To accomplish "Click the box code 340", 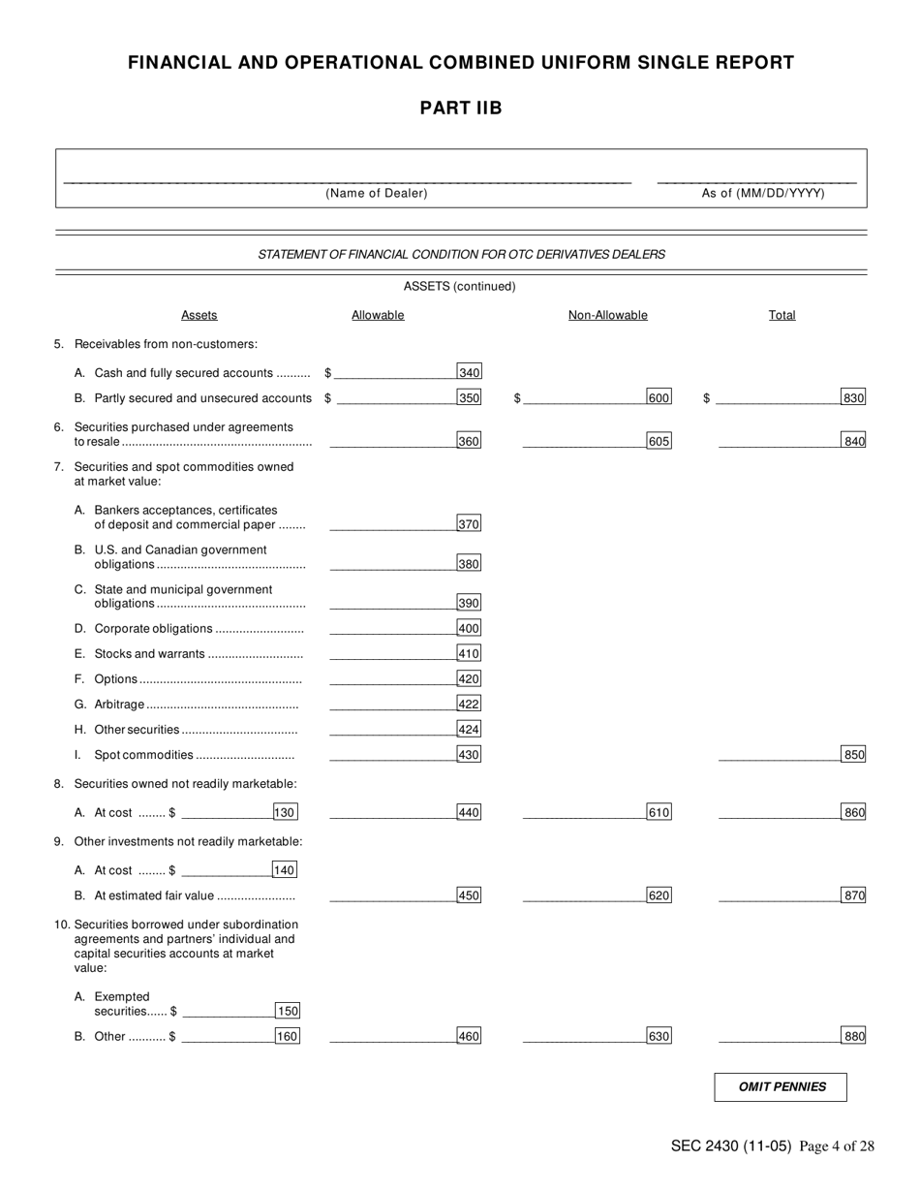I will point(469,372).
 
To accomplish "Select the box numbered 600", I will point(659,397).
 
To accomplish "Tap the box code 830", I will point(853,397).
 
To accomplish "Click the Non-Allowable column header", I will point(607,315).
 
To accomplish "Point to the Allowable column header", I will point(378,315).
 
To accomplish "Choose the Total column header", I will point(782,315).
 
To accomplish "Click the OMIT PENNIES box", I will point(781,1087).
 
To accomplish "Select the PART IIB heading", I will point(460,108).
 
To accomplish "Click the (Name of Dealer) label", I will point(376,193).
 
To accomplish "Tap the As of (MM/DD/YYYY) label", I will point(763,193).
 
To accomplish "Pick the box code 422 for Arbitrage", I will point(469,704).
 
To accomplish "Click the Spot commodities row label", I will point(143,755).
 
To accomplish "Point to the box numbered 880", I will point(853,1036).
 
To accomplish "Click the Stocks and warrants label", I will point(149,654).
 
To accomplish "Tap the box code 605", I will point(659,441).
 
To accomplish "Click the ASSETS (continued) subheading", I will point(459,286).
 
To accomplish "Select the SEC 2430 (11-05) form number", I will point(730,1146).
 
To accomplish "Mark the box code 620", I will point(659,895).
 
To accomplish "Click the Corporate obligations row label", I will point(153,629).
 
